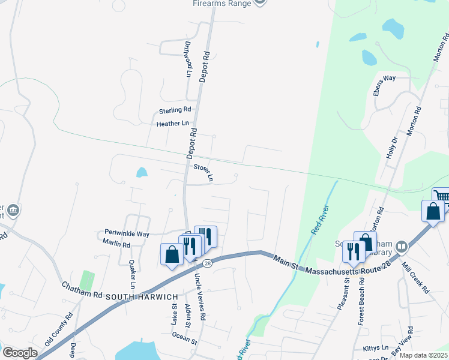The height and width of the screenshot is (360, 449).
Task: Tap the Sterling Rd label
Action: coord(175,110)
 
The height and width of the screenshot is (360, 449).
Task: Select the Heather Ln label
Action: coord(172,124)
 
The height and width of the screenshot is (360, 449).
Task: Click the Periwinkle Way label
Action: coord(127,233)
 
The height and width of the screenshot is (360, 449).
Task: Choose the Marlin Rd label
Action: coord(116,245)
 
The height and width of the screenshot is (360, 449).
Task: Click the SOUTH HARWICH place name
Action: coord(142,297)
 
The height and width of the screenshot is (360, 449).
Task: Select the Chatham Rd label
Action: coord(82,289)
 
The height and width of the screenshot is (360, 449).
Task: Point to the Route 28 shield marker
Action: coord(208,263)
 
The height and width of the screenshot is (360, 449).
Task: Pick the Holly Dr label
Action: coord(394,148)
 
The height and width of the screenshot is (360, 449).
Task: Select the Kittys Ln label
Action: coord(376,348)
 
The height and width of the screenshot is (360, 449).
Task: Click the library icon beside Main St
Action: coord(402,247)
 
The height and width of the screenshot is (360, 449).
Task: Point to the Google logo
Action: coord(19,353)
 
